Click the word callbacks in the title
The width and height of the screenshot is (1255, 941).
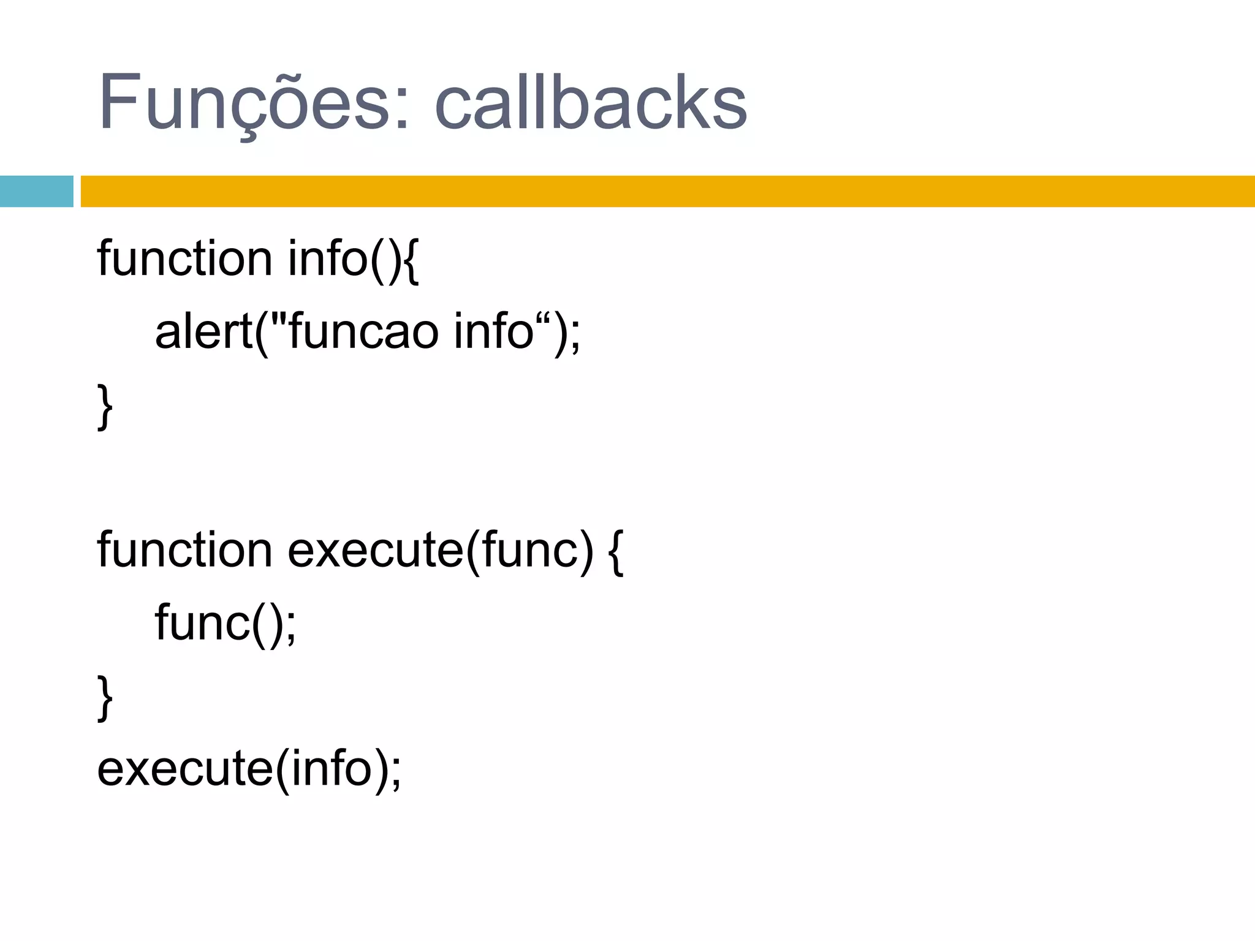(x=591, y=103)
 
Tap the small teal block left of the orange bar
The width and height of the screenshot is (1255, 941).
(x=36, y=191)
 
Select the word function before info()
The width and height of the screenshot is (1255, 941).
(x=184, y=258)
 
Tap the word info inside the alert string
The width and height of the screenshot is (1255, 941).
(x=493, y=331)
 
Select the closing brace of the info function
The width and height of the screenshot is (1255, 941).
(x=105, y=406)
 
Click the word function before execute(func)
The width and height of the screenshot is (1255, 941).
(x=184, y=550)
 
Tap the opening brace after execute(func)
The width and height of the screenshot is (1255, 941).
(x=616, y=551)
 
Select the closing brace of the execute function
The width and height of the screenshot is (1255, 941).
(x=105, y=697)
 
